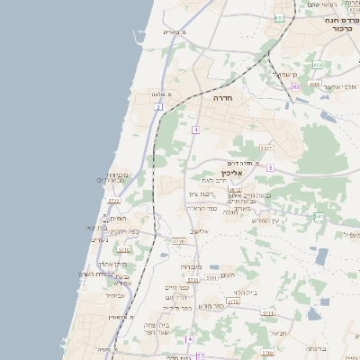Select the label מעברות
192,266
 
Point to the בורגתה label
317,347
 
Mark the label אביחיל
118,294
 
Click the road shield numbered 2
158,107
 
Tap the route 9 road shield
270,167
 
